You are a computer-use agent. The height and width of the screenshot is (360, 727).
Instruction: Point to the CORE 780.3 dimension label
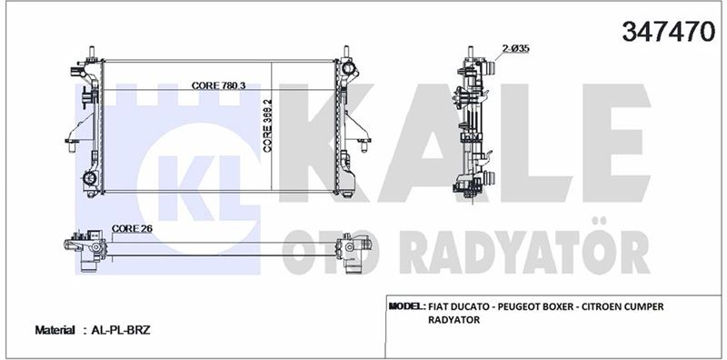(x=218, y=85)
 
